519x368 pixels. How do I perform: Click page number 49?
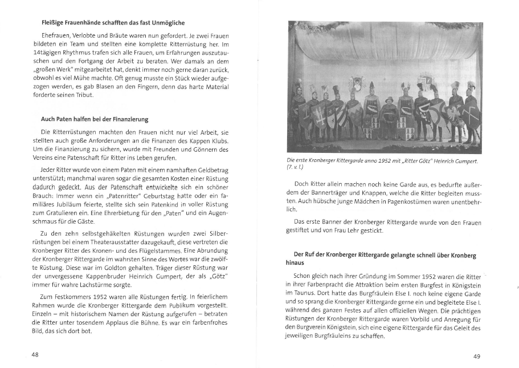(x=477, y=356)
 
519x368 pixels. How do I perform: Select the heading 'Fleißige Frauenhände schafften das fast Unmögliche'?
(x=105, y=23)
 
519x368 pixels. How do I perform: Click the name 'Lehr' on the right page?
(x=352, y=232)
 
